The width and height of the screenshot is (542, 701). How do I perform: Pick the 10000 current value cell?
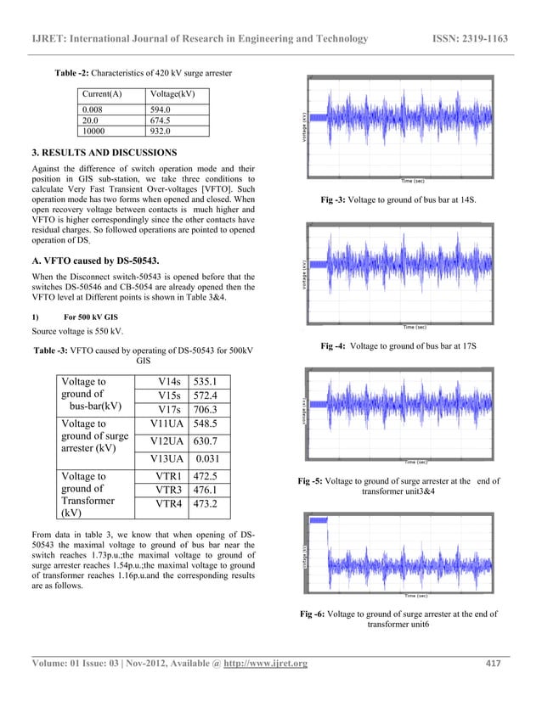pyautogui.click(x=96, y=132)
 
